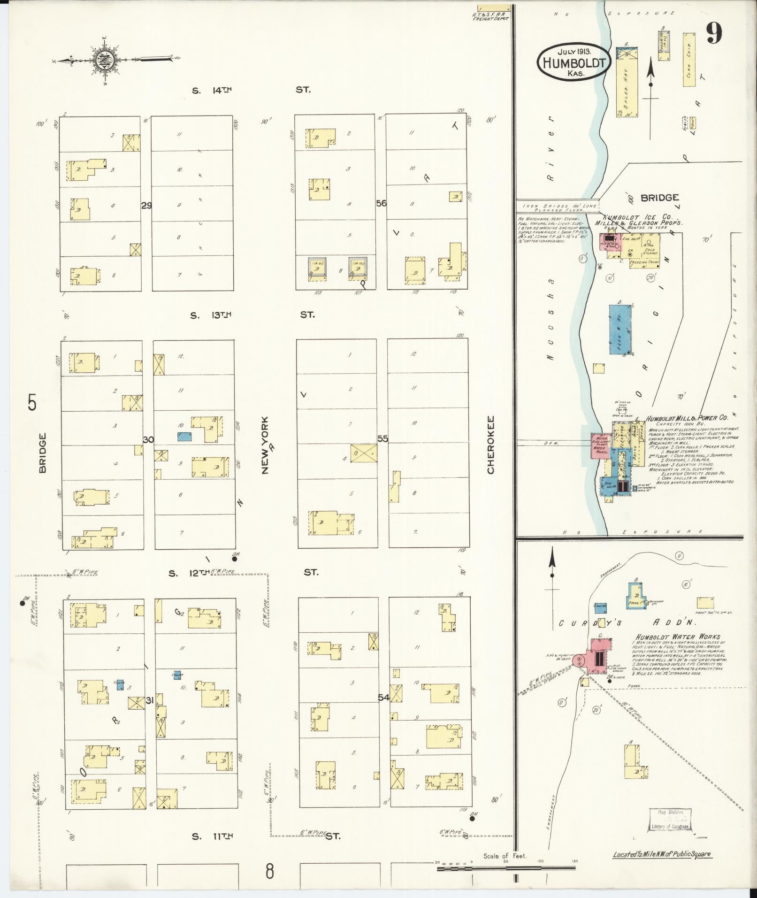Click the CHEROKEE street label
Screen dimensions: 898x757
pos(491,444)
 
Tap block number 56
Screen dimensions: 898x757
pos(381,203)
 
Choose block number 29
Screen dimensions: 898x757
pos(146,205)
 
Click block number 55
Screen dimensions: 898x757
pos(382,438)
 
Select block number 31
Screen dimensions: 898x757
pos(150,701)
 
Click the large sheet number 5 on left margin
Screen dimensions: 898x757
pos(32,403)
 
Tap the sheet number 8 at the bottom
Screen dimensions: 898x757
pos(269,872)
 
